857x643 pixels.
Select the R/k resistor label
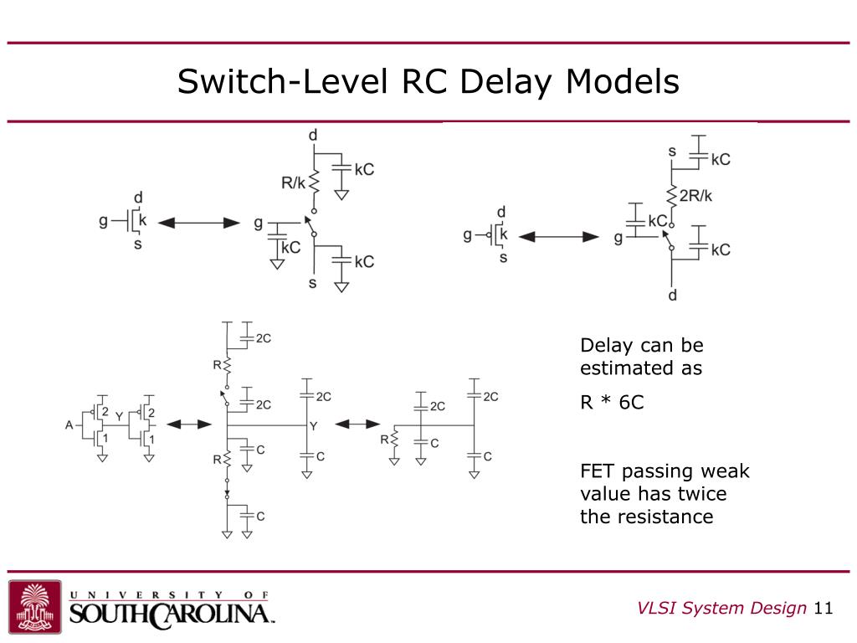point(294,183)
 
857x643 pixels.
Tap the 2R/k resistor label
point(695,196)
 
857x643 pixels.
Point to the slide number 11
point(824,608)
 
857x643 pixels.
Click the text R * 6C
point(612,402)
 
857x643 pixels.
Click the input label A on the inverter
point(69,424)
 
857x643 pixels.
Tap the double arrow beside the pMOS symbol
point(558,238)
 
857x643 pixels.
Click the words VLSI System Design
point(721,608)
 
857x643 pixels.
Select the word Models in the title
point(623,82)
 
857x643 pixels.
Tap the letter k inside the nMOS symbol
point(141,221)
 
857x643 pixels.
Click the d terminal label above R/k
point(313,136)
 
